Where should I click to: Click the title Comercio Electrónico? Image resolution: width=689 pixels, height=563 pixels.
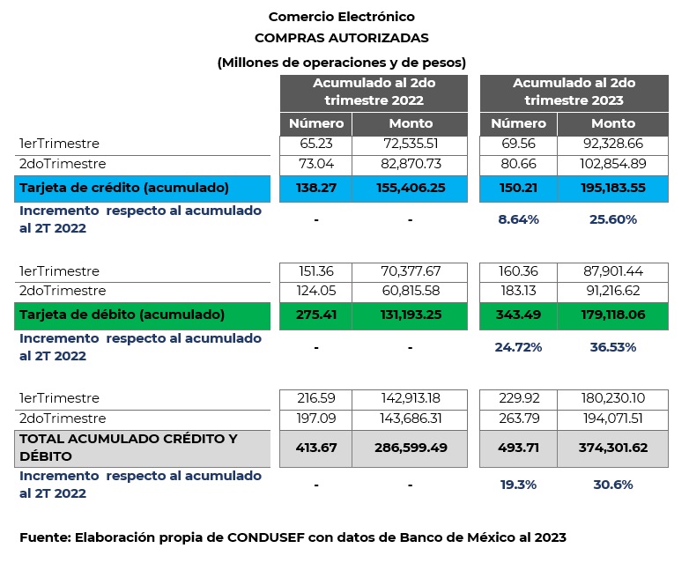341,17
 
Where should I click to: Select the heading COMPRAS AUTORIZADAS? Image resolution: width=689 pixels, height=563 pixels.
341,38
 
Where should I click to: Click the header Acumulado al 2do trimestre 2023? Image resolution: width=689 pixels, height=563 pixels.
574,92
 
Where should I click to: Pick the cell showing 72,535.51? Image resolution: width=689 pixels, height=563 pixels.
410,144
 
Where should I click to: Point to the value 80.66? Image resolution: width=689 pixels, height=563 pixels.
518,164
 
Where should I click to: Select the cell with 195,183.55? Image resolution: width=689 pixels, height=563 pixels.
612,188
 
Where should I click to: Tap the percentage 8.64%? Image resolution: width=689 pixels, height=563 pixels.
518,219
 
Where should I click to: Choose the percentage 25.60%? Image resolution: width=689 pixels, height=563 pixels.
612,219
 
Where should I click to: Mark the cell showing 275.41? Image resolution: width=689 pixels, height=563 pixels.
315,315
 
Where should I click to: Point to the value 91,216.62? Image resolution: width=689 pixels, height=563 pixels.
612,291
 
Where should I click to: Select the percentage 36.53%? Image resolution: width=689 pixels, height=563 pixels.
612,347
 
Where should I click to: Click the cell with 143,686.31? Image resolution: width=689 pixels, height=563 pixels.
410,419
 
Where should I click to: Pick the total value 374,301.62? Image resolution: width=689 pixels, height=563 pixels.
612,448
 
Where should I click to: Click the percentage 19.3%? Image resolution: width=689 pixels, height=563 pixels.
518,484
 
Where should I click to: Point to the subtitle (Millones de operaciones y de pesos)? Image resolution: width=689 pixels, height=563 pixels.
341,62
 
